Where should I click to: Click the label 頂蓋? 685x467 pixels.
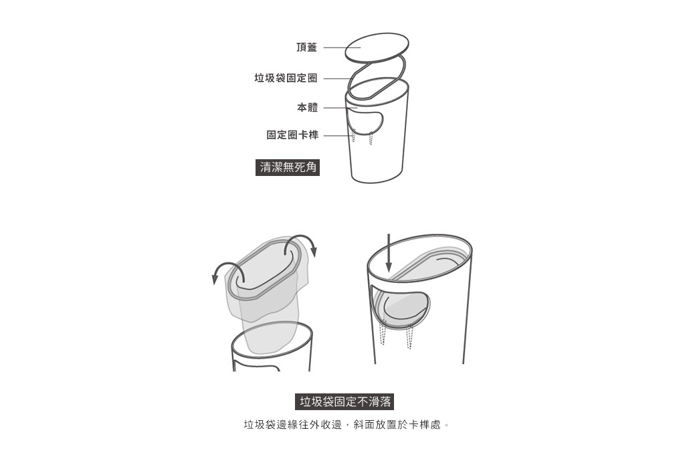point(307,48)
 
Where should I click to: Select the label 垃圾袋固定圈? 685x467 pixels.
point(286,78)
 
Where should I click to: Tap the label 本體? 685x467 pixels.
point(308,107)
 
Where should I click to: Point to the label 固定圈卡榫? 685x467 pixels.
point(292,135)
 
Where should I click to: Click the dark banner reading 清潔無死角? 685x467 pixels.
point(288,167)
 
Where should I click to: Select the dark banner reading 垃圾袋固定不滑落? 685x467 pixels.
point(345,401)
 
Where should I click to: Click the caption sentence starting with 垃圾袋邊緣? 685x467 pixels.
point(345,425)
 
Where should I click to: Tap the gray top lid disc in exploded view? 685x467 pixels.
point(377,47)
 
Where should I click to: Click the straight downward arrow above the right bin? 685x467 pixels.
point(388,253)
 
